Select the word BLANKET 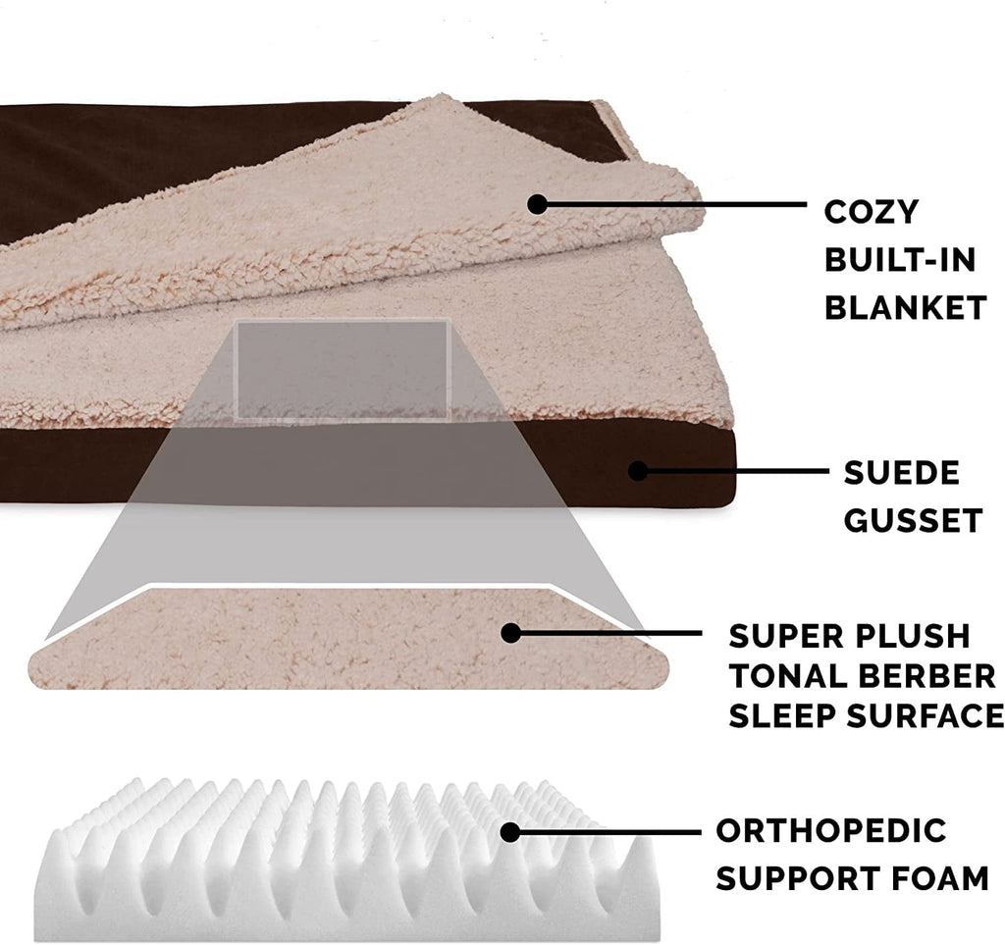coord(904,307)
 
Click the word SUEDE coord(902,473)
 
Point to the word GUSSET coord(913,520)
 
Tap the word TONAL coord(785,676)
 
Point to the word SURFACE coord(927,716)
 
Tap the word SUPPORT coord(796,878)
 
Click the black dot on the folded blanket coord(536,204)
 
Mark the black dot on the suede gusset coord(638,471)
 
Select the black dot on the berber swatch coord(510,633)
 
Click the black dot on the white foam coord(509,832)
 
